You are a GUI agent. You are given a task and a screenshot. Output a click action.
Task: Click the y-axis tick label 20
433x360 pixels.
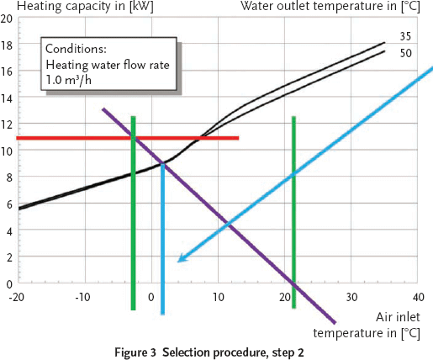click(x=7, y=19)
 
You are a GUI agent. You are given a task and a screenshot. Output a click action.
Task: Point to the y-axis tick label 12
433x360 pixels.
click(x=7, y=125)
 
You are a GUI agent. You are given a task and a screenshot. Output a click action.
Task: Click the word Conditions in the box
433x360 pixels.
click(x=77, y=50)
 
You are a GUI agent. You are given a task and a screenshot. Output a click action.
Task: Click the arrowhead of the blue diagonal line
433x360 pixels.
click(x=181, y=260)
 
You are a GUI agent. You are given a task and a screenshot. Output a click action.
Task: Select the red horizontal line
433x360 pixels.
click(x=126, y=138)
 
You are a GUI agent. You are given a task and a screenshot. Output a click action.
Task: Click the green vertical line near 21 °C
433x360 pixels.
click(x=293, y=210)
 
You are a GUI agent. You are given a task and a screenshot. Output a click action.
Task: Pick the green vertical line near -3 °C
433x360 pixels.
click(x=133, y=210)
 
